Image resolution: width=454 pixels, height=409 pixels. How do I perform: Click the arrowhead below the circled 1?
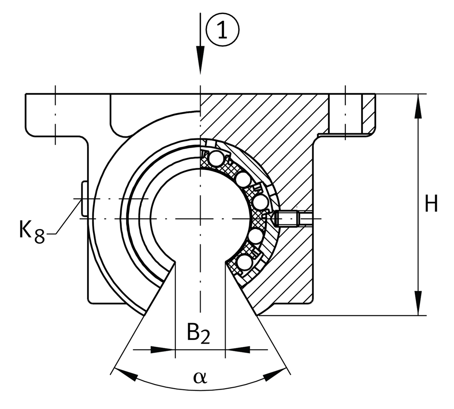[200, 60]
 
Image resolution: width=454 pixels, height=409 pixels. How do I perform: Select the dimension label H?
[431, 204]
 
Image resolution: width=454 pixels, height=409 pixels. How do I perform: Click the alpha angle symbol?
[200, 376]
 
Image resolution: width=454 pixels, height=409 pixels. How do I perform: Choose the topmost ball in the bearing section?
[216, 158]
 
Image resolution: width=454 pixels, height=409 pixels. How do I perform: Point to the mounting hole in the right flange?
[345, 113]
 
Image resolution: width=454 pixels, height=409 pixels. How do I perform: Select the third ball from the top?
[260, 202]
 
